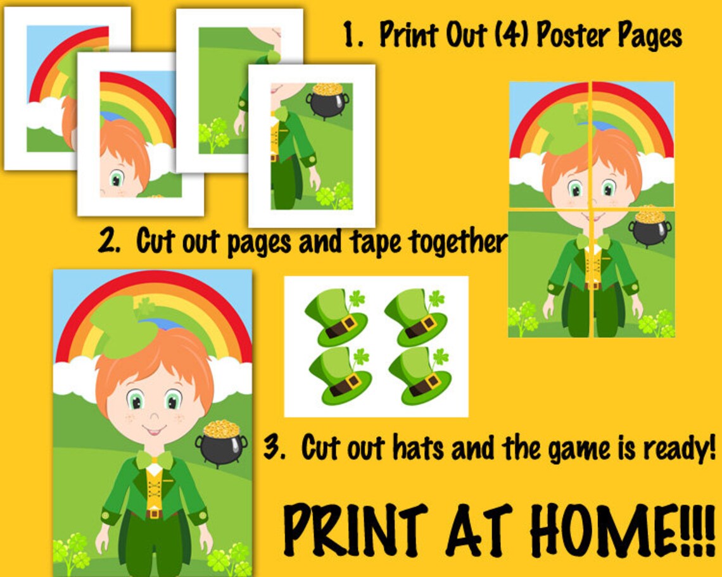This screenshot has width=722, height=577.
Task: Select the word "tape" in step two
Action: coord(376,242)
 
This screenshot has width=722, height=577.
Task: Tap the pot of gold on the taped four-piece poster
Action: coord(650,226)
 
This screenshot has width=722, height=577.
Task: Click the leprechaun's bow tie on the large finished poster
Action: coord(155,459)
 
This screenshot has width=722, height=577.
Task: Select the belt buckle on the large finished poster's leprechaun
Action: coord(154,513)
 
